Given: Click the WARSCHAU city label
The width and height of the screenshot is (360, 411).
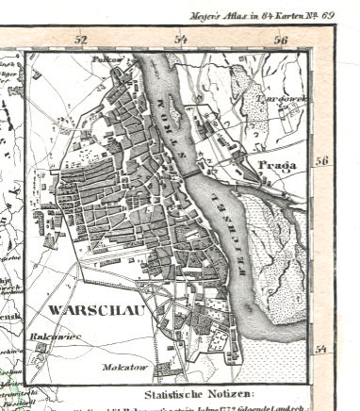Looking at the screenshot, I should (x=78, y=309).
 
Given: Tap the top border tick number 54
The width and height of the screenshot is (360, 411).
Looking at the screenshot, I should (x=181, y=40).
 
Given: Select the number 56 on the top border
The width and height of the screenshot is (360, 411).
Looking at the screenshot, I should (x=281, y=40).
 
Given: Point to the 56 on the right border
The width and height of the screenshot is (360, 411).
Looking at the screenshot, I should (x=321, y=161).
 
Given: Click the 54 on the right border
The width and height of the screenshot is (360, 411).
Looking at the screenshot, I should (x=321, y=351).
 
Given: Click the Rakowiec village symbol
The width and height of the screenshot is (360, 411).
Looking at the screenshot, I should (x=41, y=347).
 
